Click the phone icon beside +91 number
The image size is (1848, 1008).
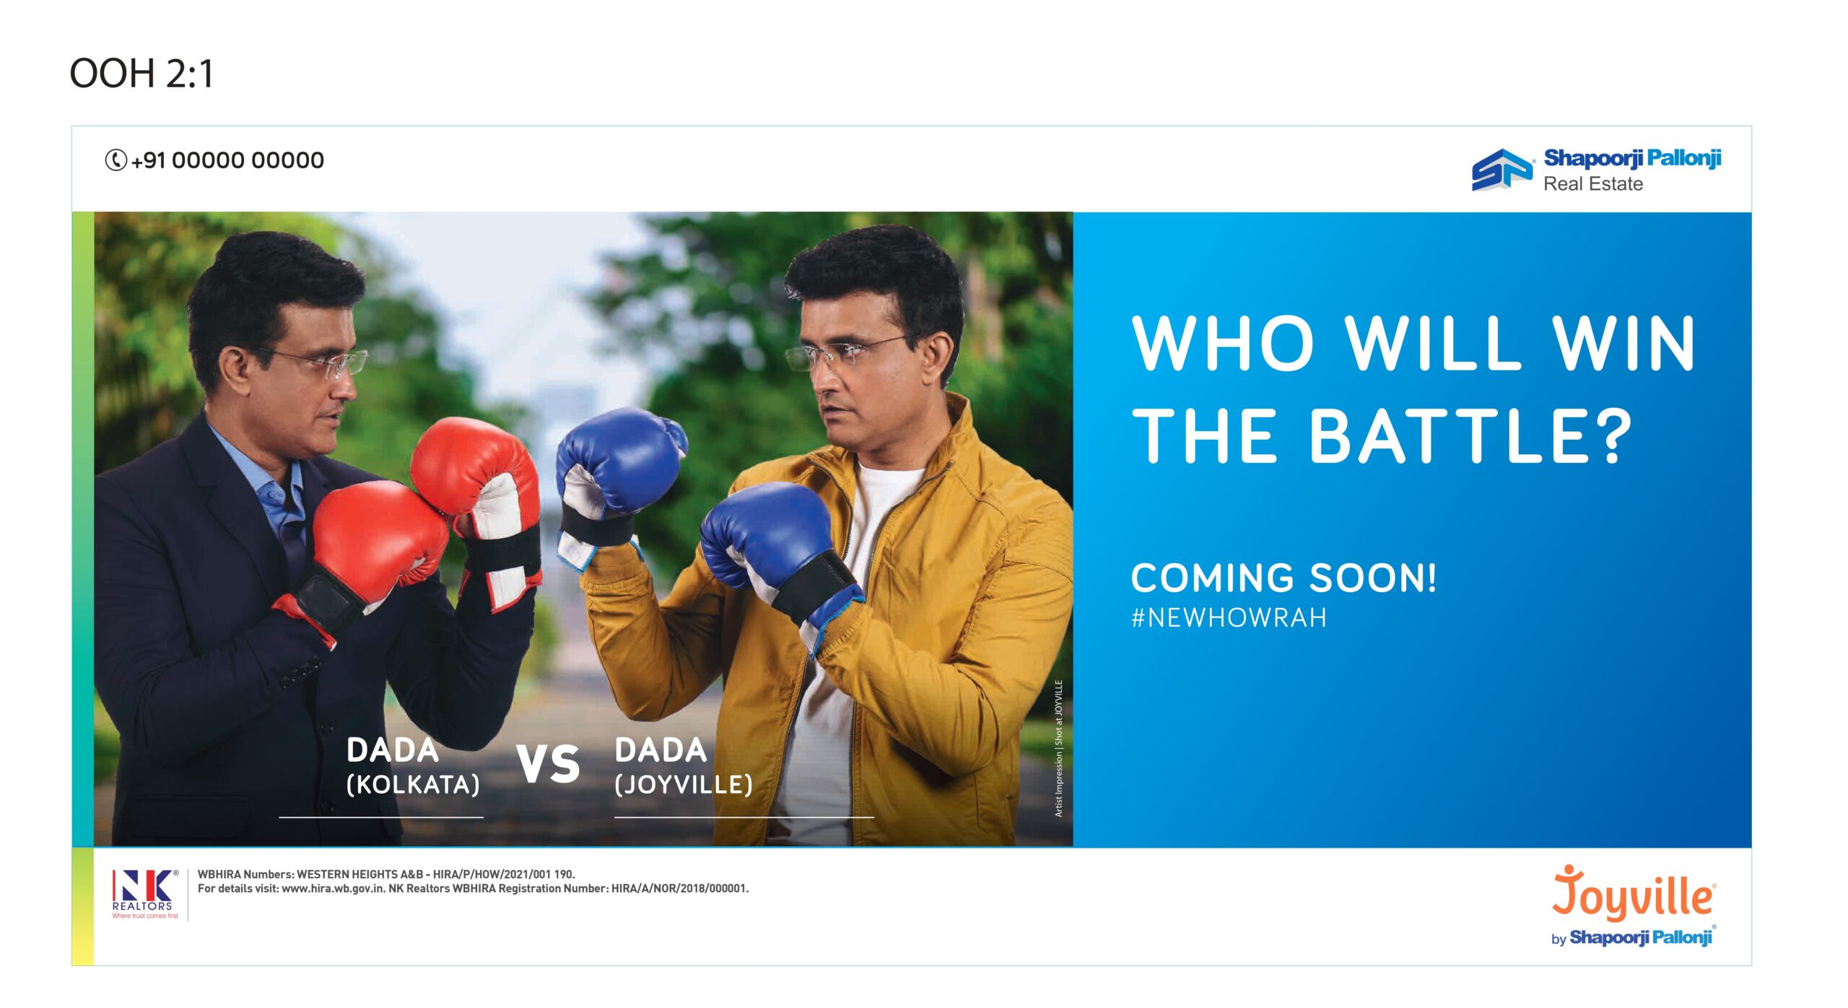click(115, 160)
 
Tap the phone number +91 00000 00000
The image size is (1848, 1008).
click(227, 160)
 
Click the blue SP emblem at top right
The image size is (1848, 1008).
click(1501, 170)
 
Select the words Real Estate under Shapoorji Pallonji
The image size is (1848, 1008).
click(1593, 184)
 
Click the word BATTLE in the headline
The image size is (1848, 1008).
click(1470, 436)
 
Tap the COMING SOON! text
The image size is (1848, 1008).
click(1283, 578)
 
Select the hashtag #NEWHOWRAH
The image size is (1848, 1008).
click(1229, 618)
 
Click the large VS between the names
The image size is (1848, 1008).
click(548, 764)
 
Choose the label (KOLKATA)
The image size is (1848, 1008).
click(413, 785)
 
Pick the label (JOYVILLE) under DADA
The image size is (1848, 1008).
click(684, 785)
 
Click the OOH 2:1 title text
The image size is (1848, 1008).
click(141, 74)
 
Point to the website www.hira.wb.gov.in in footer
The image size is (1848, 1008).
click(333, 889)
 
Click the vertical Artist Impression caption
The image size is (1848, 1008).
click(1059, 749)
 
